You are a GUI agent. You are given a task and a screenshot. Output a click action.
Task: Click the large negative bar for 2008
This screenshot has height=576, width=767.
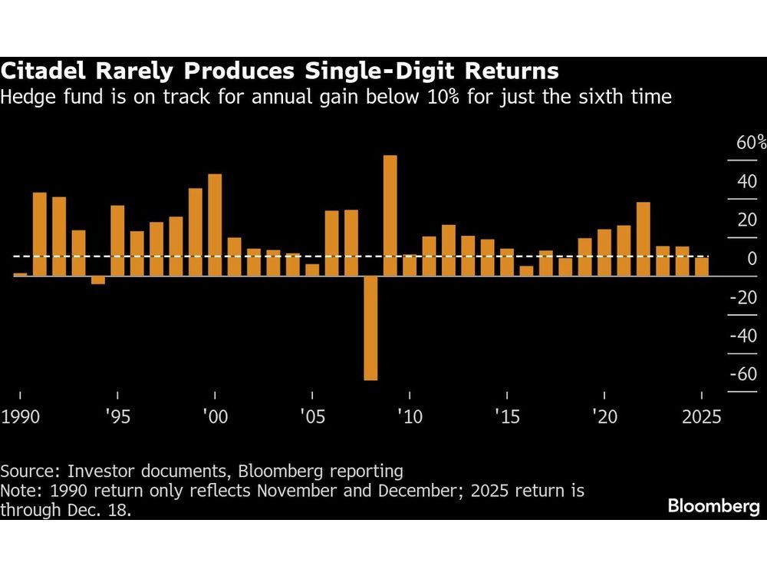(x=370, y=328)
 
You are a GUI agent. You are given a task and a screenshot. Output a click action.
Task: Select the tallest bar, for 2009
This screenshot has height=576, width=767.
(x=390, y=215)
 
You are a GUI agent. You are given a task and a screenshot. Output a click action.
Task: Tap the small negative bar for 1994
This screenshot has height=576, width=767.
(x=98, y=280)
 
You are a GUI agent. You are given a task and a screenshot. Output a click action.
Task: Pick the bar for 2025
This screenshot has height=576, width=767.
(x=701, y=266)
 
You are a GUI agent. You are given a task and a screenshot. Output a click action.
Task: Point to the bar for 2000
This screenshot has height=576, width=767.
(x=215, y=224)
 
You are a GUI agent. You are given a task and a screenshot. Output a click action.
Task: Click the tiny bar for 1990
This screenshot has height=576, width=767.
(x=20, y=273)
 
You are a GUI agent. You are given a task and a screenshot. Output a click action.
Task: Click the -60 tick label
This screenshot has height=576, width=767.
(x=742, y=374)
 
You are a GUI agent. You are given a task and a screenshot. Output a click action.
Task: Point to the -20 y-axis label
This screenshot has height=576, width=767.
(x=742, y=297)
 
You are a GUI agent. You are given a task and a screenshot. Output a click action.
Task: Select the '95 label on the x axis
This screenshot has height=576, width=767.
(x=117, y=417)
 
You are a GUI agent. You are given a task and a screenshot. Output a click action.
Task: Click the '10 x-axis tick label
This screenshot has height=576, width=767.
(x=410, y=417)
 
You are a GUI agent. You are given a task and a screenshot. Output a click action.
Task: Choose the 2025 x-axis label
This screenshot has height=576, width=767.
(x=700, y=417)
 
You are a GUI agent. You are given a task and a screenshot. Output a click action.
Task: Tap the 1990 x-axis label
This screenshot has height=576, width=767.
(x=20, y=417)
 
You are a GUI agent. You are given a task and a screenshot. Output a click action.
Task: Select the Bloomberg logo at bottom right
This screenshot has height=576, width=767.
(x=713, y=506)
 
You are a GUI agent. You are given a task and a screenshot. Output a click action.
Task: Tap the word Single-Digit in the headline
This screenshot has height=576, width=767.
(x=363, y=72)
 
